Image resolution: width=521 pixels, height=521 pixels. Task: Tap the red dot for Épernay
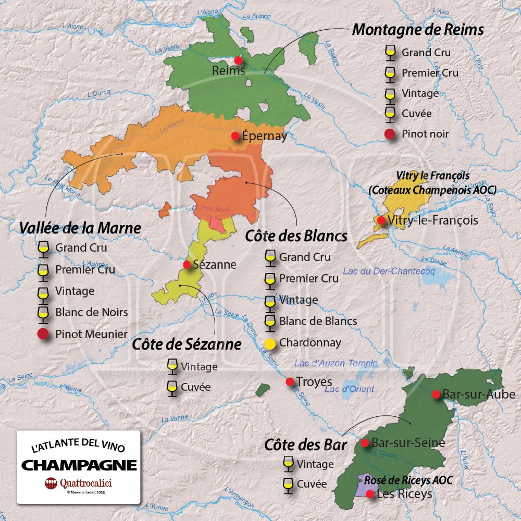click(235, 135)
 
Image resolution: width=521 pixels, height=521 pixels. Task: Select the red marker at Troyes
click(290, 382)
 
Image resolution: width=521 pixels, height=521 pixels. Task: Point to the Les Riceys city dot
click(369, 494)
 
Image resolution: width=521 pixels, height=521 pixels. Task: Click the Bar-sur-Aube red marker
click(436, 394)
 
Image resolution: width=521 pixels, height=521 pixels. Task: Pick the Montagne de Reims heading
click(418, 30)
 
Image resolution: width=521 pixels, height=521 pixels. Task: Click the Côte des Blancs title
click(296, 236)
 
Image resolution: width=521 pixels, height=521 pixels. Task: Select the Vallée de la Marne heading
click(80, 228)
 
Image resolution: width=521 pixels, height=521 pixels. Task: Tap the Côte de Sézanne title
click(187, 344)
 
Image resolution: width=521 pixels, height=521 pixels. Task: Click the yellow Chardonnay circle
click(270, 343)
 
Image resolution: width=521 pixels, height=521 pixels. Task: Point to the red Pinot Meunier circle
click(43, 334)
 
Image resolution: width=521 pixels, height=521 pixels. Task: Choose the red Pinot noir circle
click(389, 134)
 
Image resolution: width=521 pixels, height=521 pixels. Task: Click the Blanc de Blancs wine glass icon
click(270, 321)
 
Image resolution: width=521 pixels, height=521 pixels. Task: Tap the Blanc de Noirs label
click(91, 313)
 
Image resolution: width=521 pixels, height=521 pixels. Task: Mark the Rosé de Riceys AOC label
click(402, 480)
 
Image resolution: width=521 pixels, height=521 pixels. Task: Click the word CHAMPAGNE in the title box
click(79, 465)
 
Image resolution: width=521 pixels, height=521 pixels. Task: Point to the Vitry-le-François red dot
click(381, 220)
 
